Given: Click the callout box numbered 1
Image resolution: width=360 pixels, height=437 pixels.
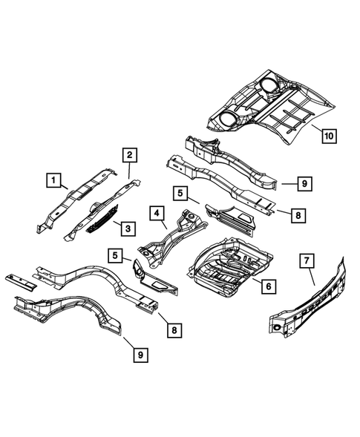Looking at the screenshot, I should tap(53, 179).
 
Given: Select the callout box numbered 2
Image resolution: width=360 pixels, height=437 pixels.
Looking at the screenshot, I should tap(129, 155).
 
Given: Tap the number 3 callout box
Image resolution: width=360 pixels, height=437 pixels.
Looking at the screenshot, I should tap(128, 228).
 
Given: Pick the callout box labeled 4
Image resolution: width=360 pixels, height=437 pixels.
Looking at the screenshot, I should tap(157, 214).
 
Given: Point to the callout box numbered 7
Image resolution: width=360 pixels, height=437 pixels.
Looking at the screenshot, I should tap(304, 260).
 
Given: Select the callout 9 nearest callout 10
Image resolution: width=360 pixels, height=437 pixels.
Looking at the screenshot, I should tap(304, 182).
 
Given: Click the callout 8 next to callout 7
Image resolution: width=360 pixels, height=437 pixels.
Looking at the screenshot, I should tap(296, 215).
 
